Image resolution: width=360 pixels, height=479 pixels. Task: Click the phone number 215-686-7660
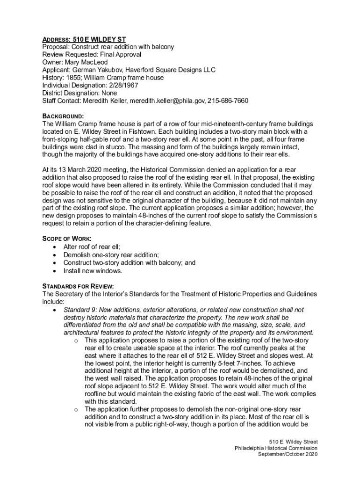click(x=228, y=101)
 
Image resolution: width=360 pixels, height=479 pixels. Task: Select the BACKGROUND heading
click(x=63, y=116)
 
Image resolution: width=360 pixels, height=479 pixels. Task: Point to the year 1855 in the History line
click(x=74, y=78)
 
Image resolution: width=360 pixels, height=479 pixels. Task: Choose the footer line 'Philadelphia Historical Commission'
click(x=276, y=448)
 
